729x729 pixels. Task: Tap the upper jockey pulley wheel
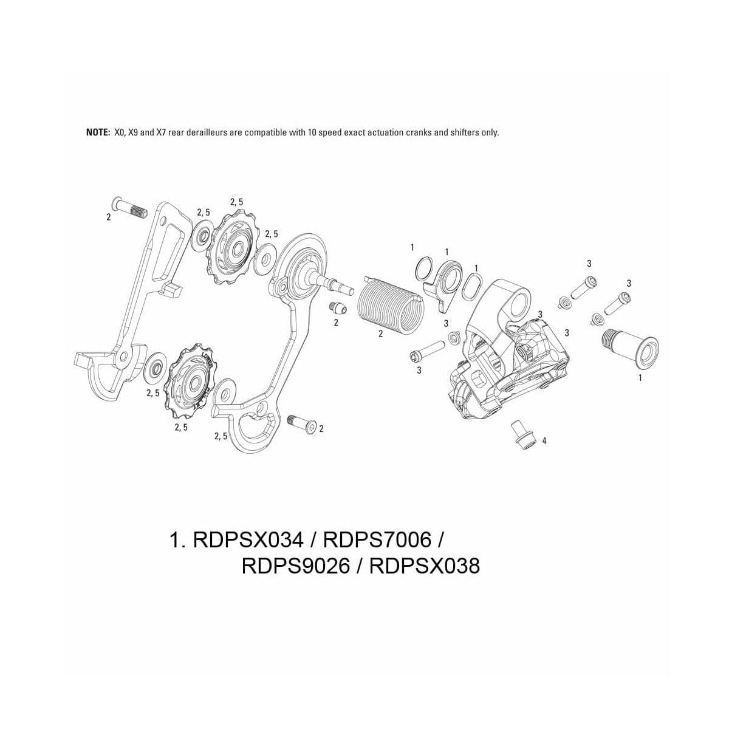(235, 249)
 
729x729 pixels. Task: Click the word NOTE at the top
(98, 132)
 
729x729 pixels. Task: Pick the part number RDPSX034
(247, 540)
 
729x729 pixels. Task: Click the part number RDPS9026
(296, 566)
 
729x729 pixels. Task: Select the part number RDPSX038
(424, 566)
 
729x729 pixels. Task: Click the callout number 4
(544, 441)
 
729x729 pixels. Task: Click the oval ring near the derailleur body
(472, 286)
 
